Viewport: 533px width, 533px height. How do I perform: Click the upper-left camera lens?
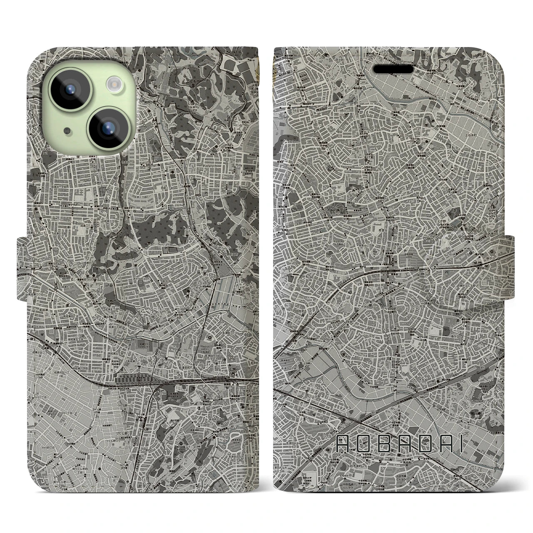coord(69,88)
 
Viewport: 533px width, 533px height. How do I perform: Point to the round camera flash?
coord(113,85)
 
